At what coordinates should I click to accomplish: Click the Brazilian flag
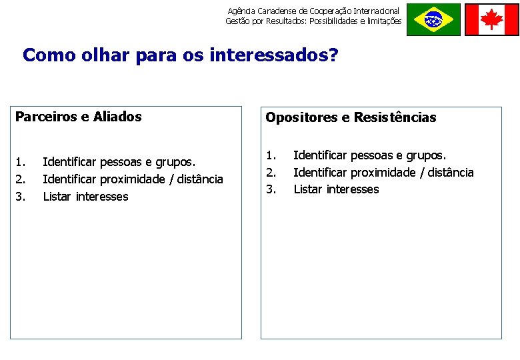tap(433, 19)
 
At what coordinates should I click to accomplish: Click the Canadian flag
tap(491, 19)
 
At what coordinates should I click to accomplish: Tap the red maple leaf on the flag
tap(491, 19)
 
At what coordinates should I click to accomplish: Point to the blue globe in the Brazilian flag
tap(433, 20)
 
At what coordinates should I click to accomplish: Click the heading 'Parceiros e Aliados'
tap(79, 117)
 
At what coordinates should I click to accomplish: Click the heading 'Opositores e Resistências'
tap(351, 118)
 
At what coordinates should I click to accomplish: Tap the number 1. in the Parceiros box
tap(21, 162)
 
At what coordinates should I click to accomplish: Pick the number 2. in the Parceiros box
tap(21, 179)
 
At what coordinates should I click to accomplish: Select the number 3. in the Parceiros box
tap(21, 197)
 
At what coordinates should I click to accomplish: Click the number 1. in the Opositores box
tap(271, 155)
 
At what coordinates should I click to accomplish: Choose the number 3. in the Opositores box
tap(271, 189)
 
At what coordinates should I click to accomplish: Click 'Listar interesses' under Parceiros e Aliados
tap(85, 197)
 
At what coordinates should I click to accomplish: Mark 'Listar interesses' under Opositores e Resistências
tap(336, 189)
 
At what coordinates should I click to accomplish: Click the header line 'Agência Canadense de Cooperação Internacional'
tap(313, 11)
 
